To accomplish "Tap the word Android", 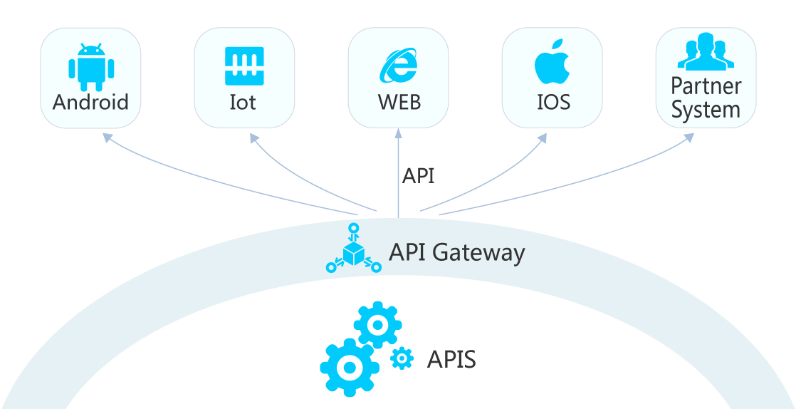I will [x=90, y=102].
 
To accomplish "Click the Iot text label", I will [x=243, y=102].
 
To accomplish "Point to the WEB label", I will [x=399, y=102].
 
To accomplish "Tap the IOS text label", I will [x=553, y=102].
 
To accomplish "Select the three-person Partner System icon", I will [x=706, y=53].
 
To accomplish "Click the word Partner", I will [x=706, y=86].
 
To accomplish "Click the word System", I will [x=706, y=110].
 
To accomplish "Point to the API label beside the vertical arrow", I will [x=418, y=176].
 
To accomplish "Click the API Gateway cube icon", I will [x=354, y=249].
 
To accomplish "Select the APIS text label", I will [x=451, y=359].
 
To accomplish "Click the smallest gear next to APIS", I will [x=402, y=358].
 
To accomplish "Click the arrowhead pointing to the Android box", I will [x=106, y=137].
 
